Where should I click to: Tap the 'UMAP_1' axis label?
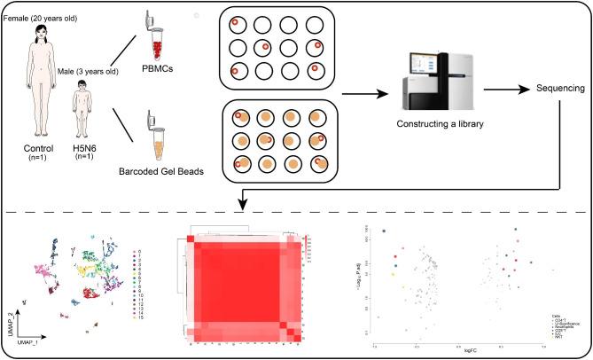[28, 340]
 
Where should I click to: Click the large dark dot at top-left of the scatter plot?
[384, 231]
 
